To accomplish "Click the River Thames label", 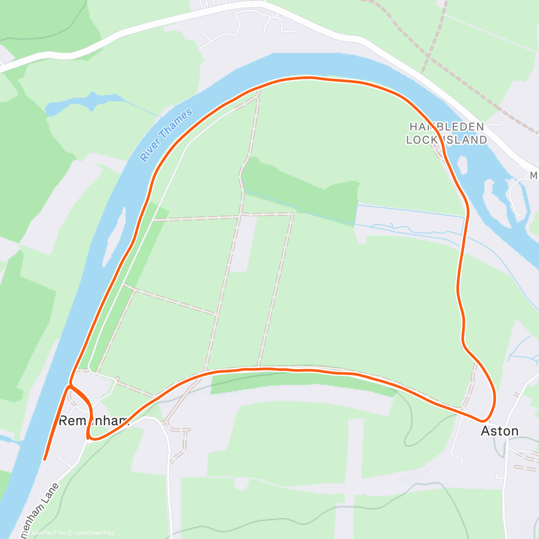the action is pyautogui.click(x=166, y=135).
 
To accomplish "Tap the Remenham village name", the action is pyautogui.click(x=94, y=421).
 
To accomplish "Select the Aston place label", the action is pyautogui.click(x=499, y=431).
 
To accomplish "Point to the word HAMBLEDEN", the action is pyautogui.click(x=446, y=127).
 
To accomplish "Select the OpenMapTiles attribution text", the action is pyautogui.click(x=47, y=533).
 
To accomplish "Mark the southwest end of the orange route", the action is pyautogui.click(x=44, y=459).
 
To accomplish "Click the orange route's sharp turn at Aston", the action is pyautogui.click(x=483, y=421).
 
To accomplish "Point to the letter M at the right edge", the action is pyautogui.click(x=534, y=176).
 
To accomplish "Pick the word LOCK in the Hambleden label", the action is pyautogui.click(x=422, y=140).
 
